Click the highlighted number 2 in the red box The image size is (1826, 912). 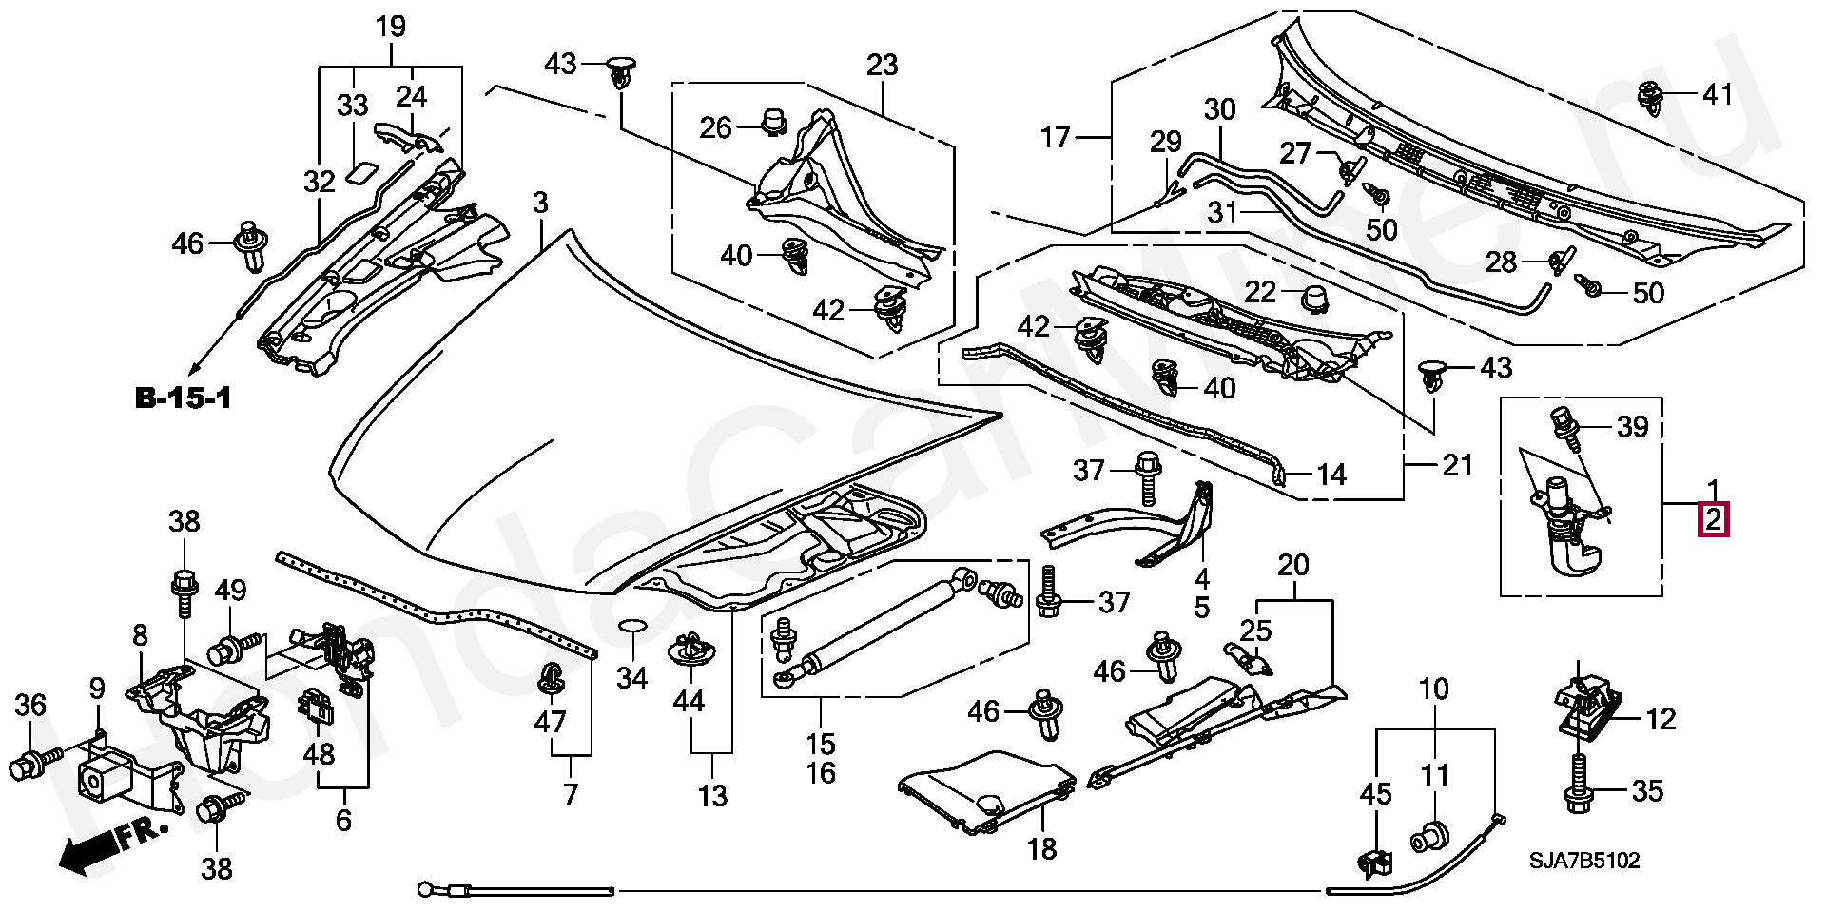coord(1713,520)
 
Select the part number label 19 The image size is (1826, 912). coord(391,27)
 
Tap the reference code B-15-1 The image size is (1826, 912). coord(184,398)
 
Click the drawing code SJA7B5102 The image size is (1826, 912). coord(1584,861)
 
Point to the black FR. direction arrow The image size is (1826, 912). coord(109,845)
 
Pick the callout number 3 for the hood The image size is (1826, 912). coord(540,203)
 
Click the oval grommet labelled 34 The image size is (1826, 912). coord(632,625)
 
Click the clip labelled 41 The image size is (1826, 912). coord(1652,96)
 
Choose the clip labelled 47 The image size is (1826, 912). coord(550,679)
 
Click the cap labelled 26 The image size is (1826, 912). coord(774,121)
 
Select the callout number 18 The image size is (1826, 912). coord(1042,848)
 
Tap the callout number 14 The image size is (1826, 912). coord(1331,475)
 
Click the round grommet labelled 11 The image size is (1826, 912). coord(1428,837)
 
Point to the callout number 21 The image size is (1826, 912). coord(1457,465)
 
